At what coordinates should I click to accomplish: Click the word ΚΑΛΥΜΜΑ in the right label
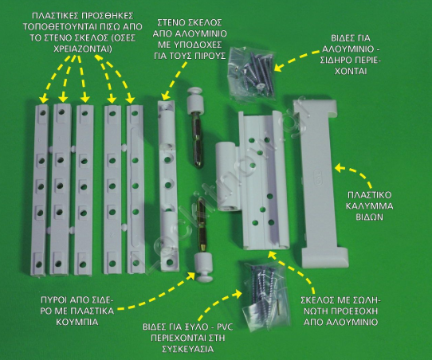369,205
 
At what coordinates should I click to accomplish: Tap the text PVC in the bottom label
226,327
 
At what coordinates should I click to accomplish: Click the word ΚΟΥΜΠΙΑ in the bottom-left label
77,322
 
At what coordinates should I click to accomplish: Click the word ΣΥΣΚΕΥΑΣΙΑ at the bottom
188,349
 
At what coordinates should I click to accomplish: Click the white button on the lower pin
203,268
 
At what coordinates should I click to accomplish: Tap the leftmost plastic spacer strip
39,190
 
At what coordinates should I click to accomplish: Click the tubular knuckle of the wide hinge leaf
226,177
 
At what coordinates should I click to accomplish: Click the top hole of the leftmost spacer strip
42,113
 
